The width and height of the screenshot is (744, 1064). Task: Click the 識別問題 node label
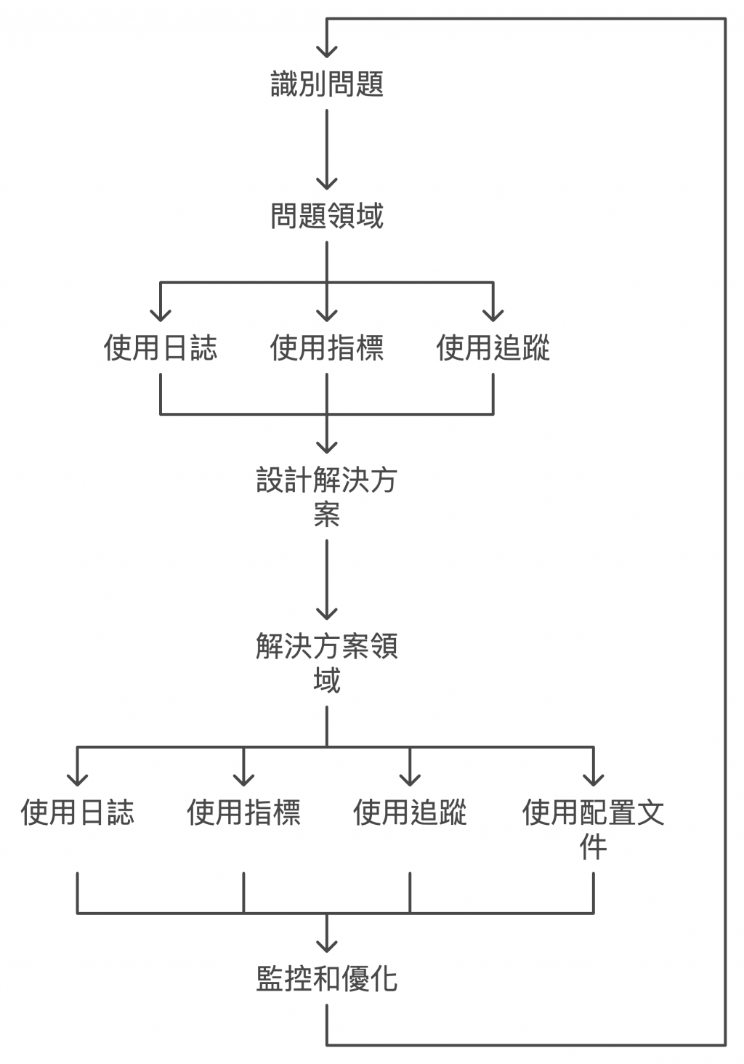[x=327, y=84]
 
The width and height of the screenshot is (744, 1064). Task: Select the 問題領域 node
[x=327, y=216]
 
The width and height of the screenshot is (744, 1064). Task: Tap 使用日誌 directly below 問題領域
[x=161, y=347]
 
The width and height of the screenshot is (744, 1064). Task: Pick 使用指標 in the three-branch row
[x=327, y=347]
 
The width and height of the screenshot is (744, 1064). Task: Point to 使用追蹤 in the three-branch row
[x=493, y=347]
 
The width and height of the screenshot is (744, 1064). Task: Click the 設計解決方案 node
[x=327, y=497]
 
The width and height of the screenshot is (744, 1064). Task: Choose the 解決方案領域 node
[x=327, y=663]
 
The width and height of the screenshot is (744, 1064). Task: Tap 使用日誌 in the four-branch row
[x=77, y=812]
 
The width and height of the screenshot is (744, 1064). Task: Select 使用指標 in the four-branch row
[x=243, y=812]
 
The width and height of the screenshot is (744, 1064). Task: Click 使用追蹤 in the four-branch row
[x=410, y=812]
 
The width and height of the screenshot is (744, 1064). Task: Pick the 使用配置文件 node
[x=594, y=829]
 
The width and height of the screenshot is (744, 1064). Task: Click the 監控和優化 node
[x=327, y=978]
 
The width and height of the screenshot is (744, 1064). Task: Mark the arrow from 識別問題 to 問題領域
[x=327, y=150]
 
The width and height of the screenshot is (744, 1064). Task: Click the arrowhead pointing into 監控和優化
[x=327, y=945]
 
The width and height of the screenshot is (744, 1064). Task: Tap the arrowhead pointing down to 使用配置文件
[x=594, y=778]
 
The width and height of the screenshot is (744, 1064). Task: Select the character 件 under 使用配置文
[x=594, y=847]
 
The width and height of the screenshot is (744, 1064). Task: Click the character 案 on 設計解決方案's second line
[x=327, y=515]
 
